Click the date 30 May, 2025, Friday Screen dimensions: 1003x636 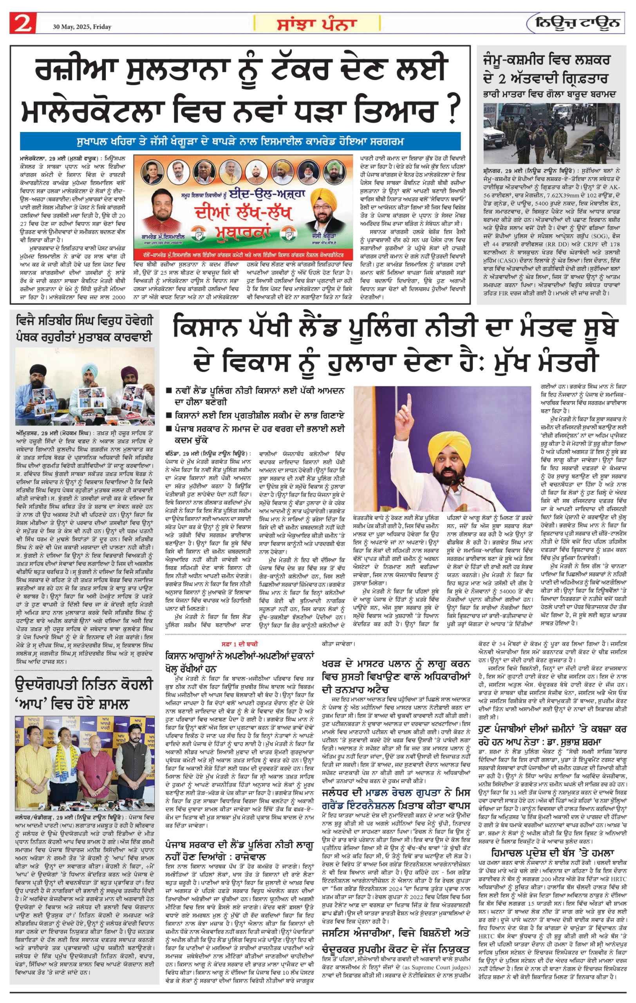(82, 27)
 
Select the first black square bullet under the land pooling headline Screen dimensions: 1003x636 (169, 391)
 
